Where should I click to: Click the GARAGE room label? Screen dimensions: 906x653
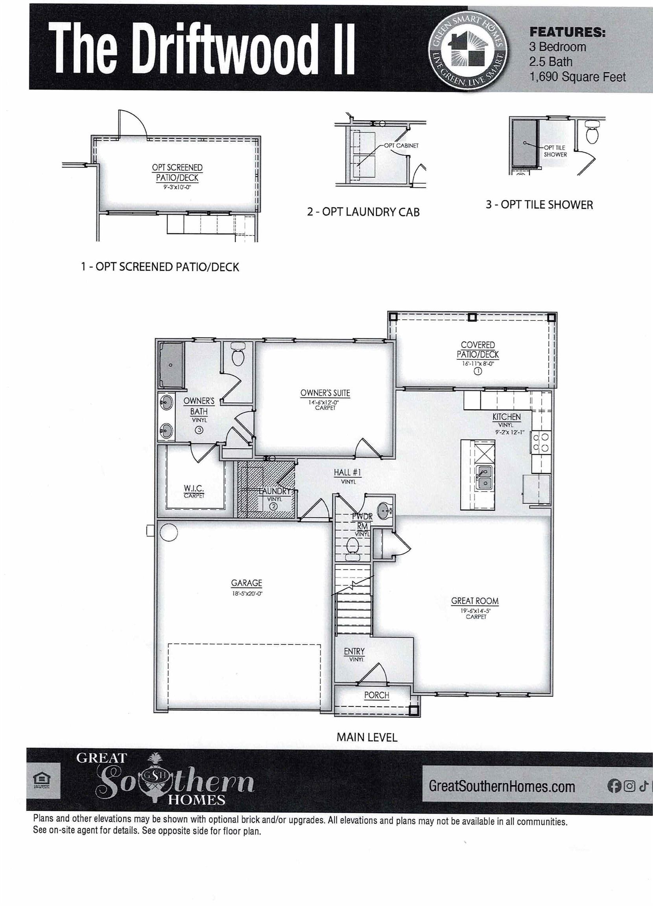point(246,583)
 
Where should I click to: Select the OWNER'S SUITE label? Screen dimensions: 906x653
point(325,393)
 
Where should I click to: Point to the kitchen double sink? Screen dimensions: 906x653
point(485,477)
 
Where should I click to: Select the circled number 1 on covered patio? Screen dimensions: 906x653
point(478,372)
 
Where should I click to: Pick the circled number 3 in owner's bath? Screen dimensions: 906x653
point(199,430)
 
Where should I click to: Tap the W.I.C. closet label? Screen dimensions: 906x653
point(194,488)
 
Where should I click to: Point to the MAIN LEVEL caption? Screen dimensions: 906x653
point(367,737)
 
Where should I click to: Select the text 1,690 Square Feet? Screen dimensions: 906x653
point(577,77)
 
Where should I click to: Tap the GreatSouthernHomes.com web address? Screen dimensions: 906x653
point(502,786)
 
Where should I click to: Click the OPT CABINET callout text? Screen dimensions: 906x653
point(401,146)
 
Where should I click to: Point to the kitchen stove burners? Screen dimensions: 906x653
point(540,443)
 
